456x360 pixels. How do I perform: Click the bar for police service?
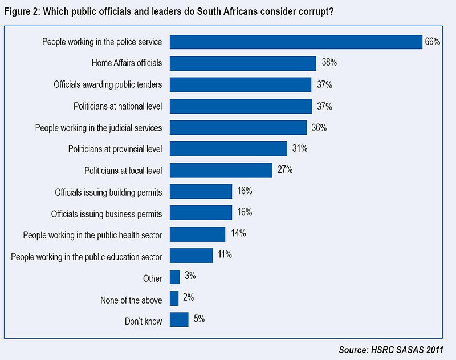click(296, 42)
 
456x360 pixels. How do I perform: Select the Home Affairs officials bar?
click(243, 63)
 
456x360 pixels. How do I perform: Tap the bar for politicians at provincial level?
click(228, 149)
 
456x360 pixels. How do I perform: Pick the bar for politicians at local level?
click(221, 170)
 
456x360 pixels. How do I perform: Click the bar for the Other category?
click(175, 277)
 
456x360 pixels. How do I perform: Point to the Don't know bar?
click(179, 320)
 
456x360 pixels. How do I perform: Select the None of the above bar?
click(174, 299)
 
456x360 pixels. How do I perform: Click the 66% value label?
click(431, 42)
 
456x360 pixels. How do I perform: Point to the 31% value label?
click(299, 148)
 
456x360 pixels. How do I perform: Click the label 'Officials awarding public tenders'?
click(108, 84)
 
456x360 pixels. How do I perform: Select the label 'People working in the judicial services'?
click(99, 127)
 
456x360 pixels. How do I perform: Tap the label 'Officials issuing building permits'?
click(108, 192)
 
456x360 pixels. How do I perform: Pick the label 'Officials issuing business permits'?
click(107, 214)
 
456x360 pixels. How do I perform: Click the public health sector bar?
click(197, 234)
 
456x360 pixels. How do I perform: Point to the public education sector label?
click(87, 256)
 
